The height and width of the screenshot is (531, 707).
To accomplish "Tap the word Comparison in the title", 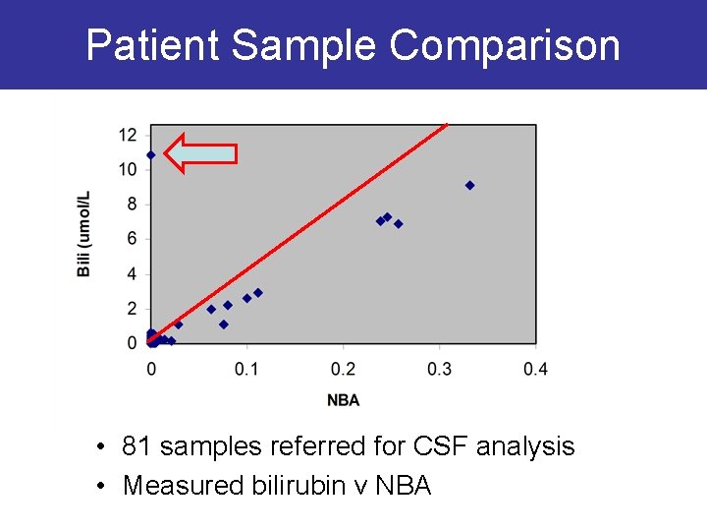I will tap(505, 45).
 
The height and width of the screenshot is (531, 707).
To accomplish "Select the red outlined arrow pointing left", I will tap(200, 153).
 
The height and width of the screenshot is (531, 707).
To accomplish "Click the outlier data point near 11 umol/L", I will tap(151, 155).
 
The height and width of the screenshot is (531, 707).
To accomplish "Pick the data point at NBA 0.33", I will tap(469, 185).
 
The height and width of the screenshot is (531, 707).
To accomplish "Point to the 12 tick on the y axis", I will tap(129, 135).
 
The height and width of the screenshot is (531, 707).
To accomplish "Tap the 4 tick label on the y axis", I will tap(132, 274).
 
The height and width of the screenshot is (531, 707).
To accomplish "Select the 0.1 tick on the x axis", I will tap(246, 369).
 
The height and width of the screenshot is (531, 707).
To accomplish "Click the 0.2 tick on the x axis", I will tap(343, 369).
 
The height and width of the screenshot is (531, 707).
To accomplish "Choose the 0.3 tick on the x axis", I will tap(439, 369).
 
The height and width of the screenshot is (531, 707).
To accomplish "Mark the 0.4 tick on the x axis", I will tap(535, 369).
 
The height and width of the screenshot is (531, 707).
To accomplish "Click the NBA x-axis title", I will tap(343, 400).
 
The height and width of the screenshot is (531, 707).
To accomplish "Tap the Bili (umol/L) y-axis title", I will tap(84, 234).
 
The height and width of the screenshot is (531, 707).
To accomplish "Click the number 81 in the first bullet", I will tap(137, 447).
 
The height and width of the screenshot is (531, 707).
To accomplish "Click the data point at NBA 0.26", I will tap(399, 224).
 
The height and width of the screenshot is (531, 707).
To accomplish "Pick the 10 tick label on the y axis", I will tap(129, 169).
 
